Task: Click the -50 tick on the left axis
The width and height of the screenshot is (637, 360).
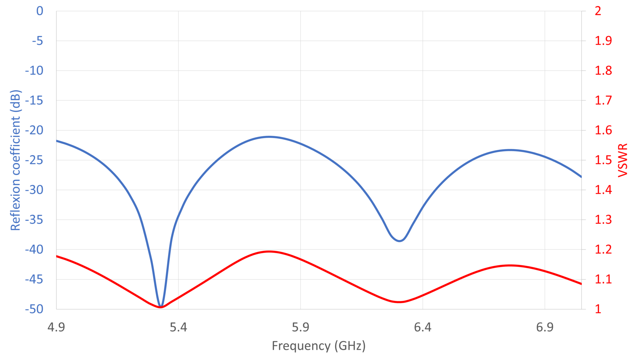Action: click(x=34, y=309)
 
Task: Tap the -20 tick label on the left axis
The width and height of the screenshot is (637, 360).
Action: click(x=34, y=130)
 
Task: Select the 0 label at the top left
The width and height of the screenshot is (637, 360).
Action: click(x=40, y=11)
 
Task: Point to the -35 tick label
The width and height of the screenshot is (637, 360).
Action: click(x=34, y=220)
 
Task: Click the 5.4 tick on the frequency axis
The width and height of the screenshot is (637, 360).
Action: click(x=178, y=327)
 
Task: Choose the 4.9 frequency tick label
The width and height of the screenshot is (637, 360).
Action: click(x=56, y=327)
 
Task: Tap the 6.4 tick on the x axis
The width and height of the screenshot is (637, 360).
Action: click(x=422, y=327)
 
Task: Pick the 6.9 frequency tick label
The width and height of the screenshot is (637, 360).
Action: click(x=545, y=327)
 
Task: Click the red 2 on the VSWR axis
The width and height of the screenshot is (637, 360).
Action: click(x=598, y=11)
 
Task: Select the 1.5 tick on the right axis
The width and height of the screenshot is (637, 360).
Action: click(x=603, y=160)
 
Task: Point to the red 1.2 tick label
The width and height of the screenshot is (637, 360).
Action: click(x=603, y=249)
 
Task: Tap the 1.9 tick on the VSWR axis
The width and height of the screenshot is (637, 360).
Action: click(x=603, y=41)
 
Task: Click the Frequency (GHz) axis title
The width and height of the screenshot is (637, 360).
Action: click(x=318, y=346)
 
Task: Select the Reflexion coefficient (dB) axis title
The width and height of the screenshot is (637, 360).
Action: click(x=15, y=160)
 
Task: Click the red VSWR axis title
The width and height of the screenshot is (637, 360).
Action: click(x=623, y=160)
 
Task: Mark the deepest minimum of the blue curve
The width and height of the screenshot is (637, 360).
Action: click(x=161, y=306)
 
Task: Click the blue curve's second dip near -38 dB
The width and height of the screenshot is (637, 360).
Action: click(x=400, y=241)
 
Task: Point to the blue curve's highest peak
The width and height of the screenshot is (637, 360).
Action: click(x=269, y=137)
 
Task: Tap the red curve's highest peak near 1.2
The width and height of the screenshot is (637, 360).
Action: click(x=269, y=251)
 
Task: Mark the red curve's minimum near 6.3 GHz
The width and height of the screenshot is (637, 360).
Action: click(x=399, y=302)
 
